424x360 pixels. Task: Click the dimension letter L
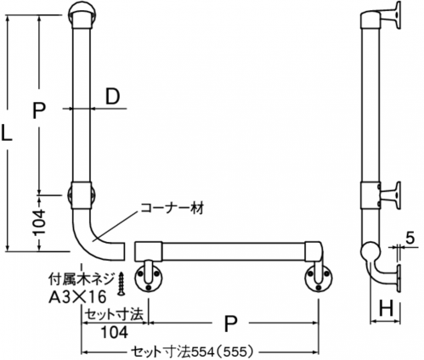7,133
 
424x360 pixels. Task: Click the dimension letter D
112,97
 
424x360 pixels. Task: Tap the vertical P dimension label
39,110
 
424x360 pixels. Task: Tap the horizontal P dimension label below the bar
230,323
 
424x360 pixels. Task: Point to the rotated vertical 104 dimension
39,222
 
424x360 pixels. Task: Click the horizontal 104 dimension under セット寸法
115,332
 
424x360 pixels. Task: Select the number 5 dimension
410,238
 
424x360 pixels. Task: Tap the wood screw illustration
122,284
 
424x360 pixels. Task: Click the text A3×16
77,297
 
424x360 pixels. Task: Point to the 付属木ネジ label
82,280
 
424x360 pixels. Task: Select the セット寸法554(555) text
191,352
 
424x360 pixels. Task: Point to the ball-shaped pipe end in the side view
370,251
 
